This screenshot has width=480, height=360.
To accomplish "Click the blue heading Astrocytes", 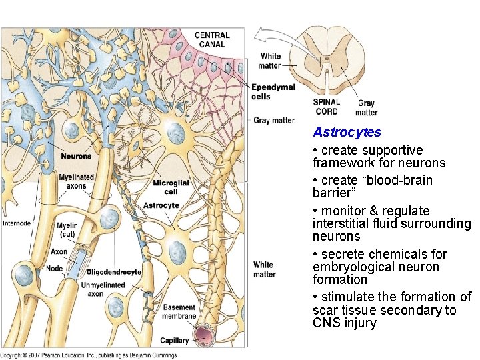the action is (347, 132).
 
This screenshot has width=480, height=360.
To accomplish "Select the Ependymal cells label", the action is (273, 92).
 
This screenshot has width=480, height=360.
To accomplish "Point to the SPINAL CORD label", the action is (327, 107).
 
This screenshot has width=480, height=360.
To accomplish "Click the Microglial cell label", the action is (171, 187).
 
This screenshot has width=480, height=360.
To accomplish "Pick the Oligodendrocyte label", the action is (114, 272).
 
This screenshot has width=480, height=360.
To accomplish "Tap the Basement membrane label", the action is (179, 312).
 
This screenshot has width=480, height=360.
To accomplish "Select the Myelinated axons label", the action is (76, 182).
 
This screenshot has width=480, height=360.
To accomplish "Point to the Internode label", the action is (17, 223).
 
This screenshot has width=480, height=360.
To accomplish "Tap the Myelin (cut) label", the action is (67, 230).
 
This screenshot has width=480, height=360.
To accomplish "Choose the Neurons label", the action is (76, 156).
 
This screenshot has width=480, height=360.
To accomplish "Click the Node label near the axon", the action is (55, 269).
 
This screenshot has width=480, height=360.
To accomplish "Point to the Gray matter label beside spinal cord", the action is (366, 108).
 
